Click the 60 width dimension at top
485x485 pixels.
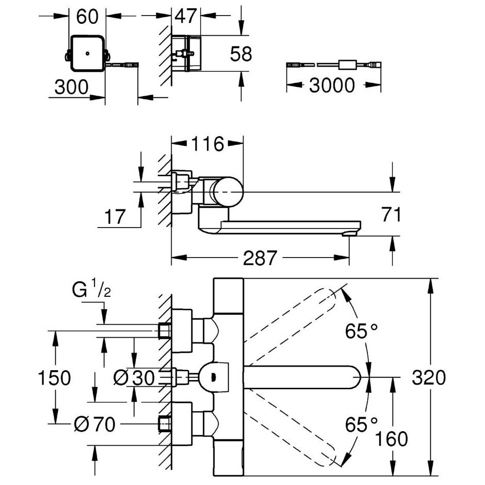[x=87, y=17]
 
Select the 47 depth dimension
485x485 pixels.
[x=186, y=16]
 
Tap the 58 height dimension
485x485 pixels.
[x=241, y=54]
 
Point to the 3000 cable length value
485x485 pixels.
[x=332, y=85]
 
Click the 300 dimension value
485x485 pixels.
[x=71, y=87]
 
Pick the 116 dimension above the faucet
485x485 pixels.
[x=207, y=144]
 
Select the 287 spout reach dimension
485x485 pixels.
[x=260, y=258]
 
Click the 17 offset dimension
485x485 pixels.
[x=115, y=217]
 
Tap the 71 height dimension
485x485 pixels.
[x=391, y=215]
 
